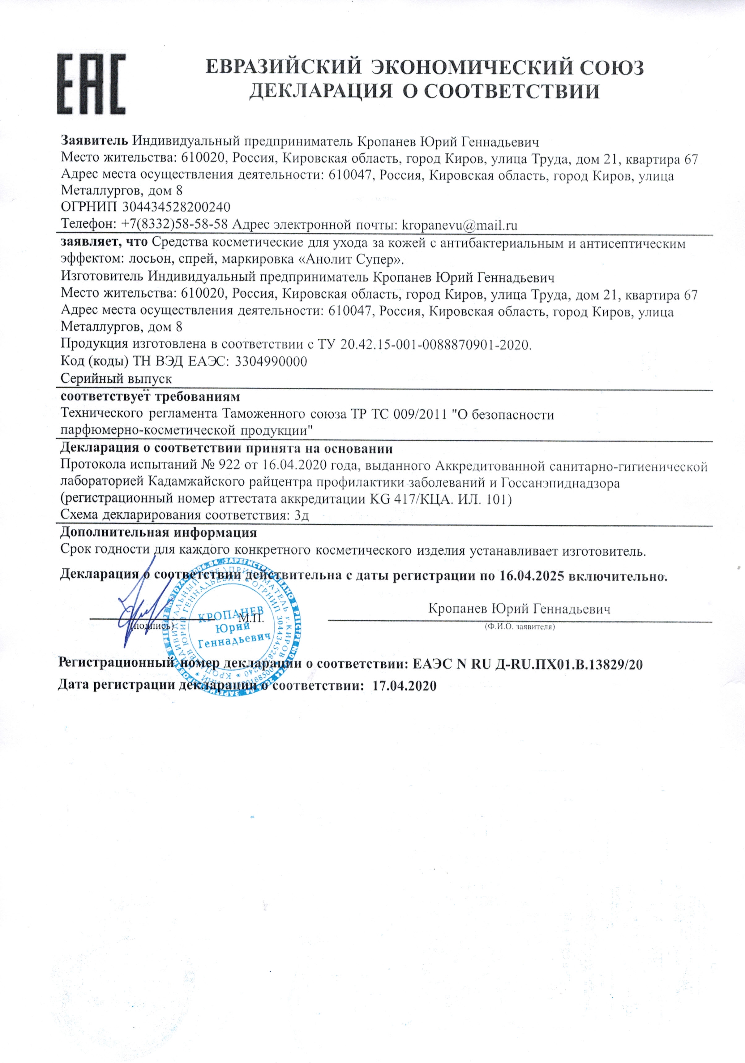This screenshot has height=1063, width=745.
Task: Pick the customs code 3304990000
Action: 271,362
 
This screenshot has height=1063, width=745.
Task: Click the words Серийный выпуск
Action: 116,379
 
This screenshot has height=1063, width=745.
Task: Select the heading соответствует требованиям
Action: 150,397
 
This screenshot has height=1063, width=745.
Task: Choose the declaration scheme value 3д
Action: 302,516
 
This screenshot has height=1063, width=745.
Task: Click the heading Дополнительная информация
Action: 158,532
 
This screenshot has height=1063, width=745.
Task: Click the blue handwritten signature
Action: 136,611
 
